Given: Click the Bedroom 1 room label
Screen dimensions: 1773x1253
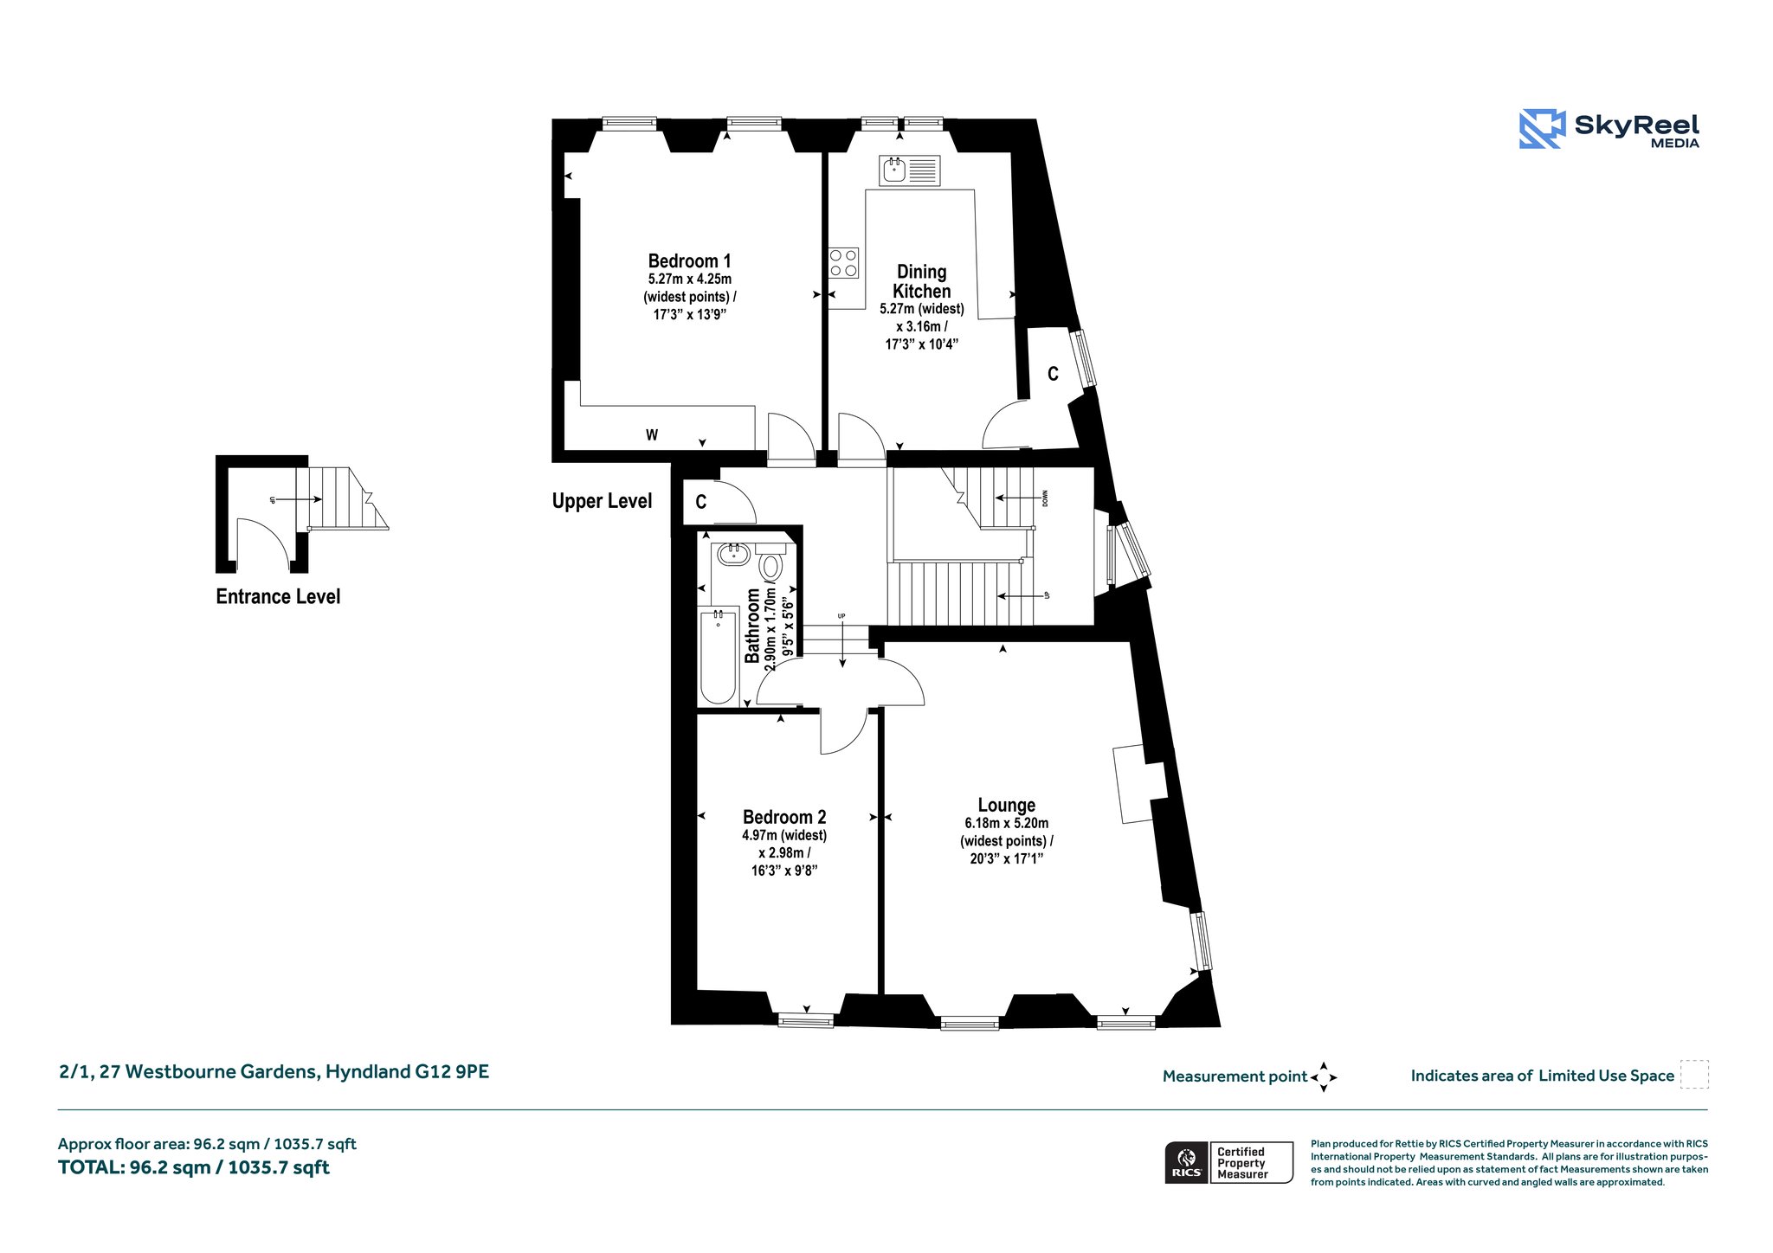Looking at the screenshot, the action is [690, 260].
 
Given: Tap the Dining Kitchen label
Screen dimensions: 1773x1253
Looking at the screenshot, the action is [922, 281].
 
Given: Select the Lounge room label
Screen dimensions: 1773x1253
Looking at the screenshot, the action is [1007, 806].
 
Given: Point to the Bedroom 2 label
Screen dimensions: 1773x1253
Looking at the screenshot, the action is [784, 817].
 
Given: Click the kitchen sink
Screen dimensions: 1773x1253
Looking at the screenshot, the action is [909, 170].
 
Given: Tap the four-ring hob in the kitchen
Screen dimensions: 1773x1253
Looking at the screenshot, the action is [843, 263].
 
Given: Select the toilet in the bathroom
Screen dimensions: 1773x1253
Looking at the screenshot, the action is [770, 562].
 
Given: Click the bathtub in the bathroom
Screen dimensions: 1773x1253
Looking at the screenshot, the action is [718, 655].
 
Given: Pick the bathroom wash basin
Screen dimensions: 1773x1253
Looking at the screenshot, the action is [733, 554].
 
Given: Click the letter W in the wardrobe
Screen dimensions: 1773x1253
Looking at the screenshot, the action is [652, 435].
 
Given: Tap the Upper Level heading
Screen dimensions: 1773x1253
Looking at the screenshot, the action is [602, 501].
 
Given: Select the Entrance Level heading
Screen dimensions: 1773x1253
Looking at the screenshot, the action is [278, 596].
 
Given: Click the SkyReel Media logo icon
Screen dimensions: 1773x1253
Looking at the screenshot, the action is [1541, 129].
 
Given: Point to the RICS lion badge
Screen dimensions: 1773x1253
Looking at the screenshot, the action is [1187, 1162].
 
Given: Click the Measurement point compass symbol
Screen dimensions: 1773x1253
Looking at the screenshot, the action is [1324, 1077].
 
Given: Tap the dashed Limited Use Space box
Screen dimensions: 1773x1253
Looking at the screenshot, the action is [1694, 1074].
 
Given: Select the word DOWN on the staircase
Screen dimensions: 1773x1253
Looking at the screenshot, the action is [1045, 498].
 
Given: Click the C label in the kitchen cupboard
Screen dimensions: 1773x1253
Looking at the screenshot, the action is [1053, 374].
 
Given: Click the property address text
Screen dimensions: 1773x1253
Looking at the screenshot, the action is [274, 1072].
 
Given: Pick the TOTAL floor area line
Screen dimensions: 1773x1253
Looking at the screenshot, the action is [194, 1167].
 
